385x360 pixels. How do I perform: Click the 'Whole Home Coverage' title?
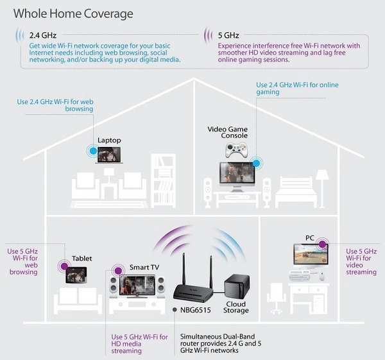(74, 13)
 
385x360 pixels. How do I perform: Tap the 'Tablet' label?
(81, 259)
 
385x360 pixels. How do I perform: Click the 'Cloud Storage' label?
(236, 307)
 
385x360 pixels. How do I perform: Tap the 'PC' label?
(311, 238)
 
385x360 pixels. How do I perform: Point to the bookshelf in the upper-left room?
(163, 177)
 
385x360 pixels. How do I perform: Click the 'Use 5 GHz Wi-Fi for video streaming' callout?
(361, 261)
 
